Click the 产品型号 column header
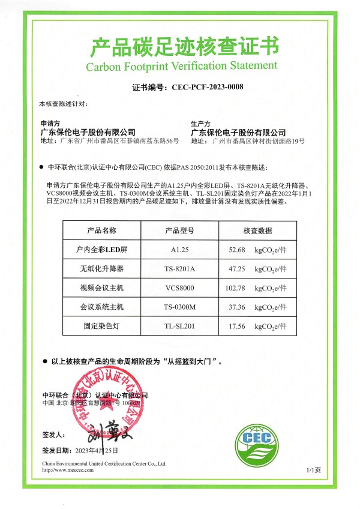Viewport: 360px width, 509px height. pos(179,230)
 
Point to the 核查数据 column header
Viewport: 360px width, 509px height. pos(257,230)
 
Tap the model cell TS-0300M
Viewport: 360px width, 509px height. pos(179,307)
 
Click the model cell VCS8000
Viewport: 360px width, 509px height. pos(179,288)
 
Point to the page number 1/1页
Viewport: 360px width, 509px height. pos(314,470)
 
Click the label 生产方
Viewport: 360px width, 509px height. pos(198,122)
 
